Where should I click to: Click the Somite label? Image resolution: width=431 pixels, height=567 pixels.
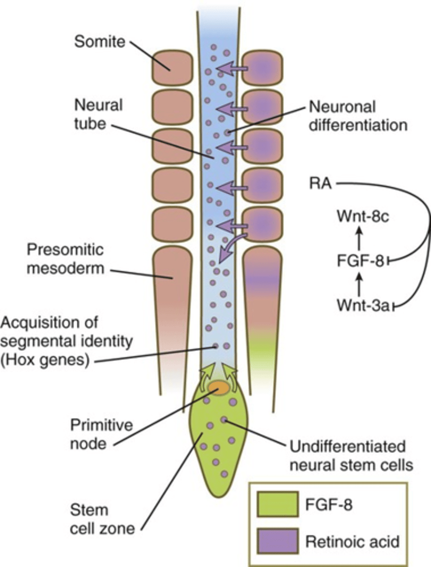[99, 43]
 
